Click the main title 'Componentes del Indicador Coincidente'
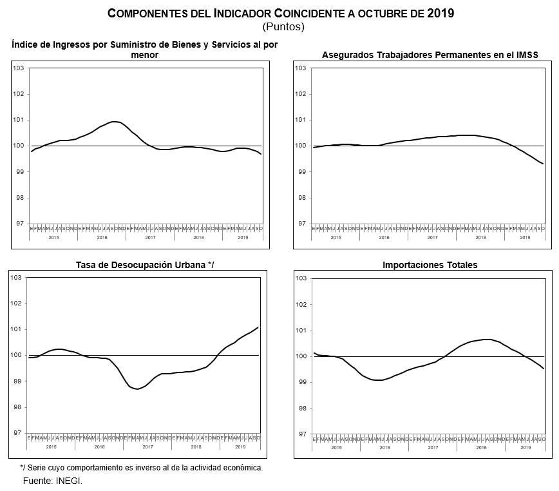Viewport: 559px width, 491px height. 280,13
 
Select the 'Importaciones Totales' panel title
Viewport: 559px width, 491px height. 426,265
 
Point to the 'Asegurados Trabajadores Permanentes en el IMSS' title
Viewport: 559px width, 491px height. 430,55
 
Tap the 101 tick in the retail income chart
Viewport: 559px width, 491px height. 19,120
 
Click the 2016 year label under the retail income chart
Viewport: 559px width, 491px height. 102,238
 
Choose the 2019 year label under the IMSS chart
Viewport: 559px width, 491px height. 525,238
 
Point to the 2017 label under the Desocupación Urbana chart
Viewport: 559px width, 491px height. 147,447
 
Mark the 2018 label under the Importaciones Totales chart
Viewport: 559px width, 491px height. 480,447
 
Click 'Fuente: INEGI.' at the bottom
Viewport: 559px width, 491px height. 53,481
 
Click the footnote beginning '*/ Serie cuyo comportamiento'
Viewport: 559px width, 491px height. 142,468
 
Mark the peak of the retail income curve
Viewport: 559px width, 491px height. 115,121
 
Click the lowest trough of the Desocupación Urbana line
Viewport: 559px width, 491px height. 137,389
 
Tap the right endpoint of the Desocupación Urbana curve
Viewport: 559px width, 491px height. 259,327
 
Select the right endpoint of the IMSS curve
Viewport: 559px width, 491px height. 544,164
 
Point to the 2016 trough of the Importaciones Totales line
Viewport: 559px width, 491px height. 379,380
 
